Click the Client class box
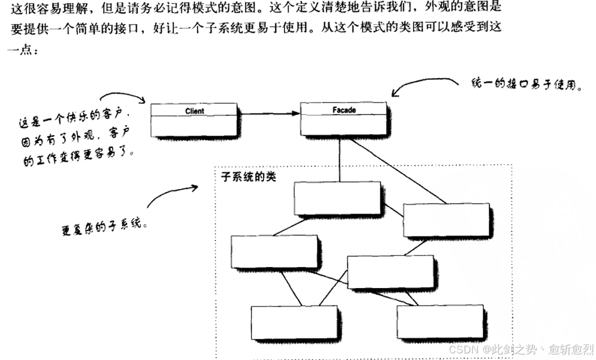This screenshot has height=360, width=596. [x=193, y=119]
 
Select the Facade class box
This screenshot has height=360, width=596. [x=343, y=119]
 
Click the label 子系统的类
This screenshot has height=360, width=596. [x=246, y=178]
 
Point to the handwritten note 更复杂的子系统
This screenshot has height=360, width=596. [x=104, y=226]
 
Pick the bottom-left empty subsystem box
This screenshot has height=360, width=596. [x=293, y=323]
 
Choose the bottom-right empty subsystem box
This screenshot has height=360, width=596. [x=439, y=322]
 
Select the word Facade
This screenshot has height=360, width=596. [x=344, y=110]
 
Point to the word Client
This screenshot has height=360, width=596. [x=194, y=111]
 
